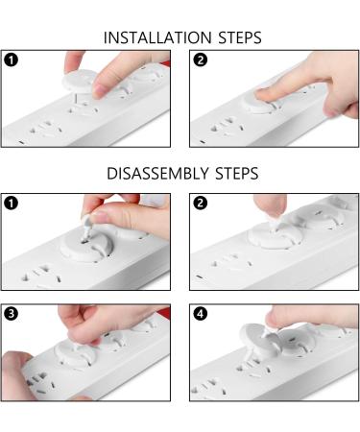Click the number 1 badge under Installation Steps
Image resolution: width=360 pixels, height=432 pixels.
pyautogui.click(x=11, y=60)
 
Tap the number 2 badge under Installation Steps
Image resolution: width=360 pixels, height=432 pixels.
pyautogui.click(x=199, y=60)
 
